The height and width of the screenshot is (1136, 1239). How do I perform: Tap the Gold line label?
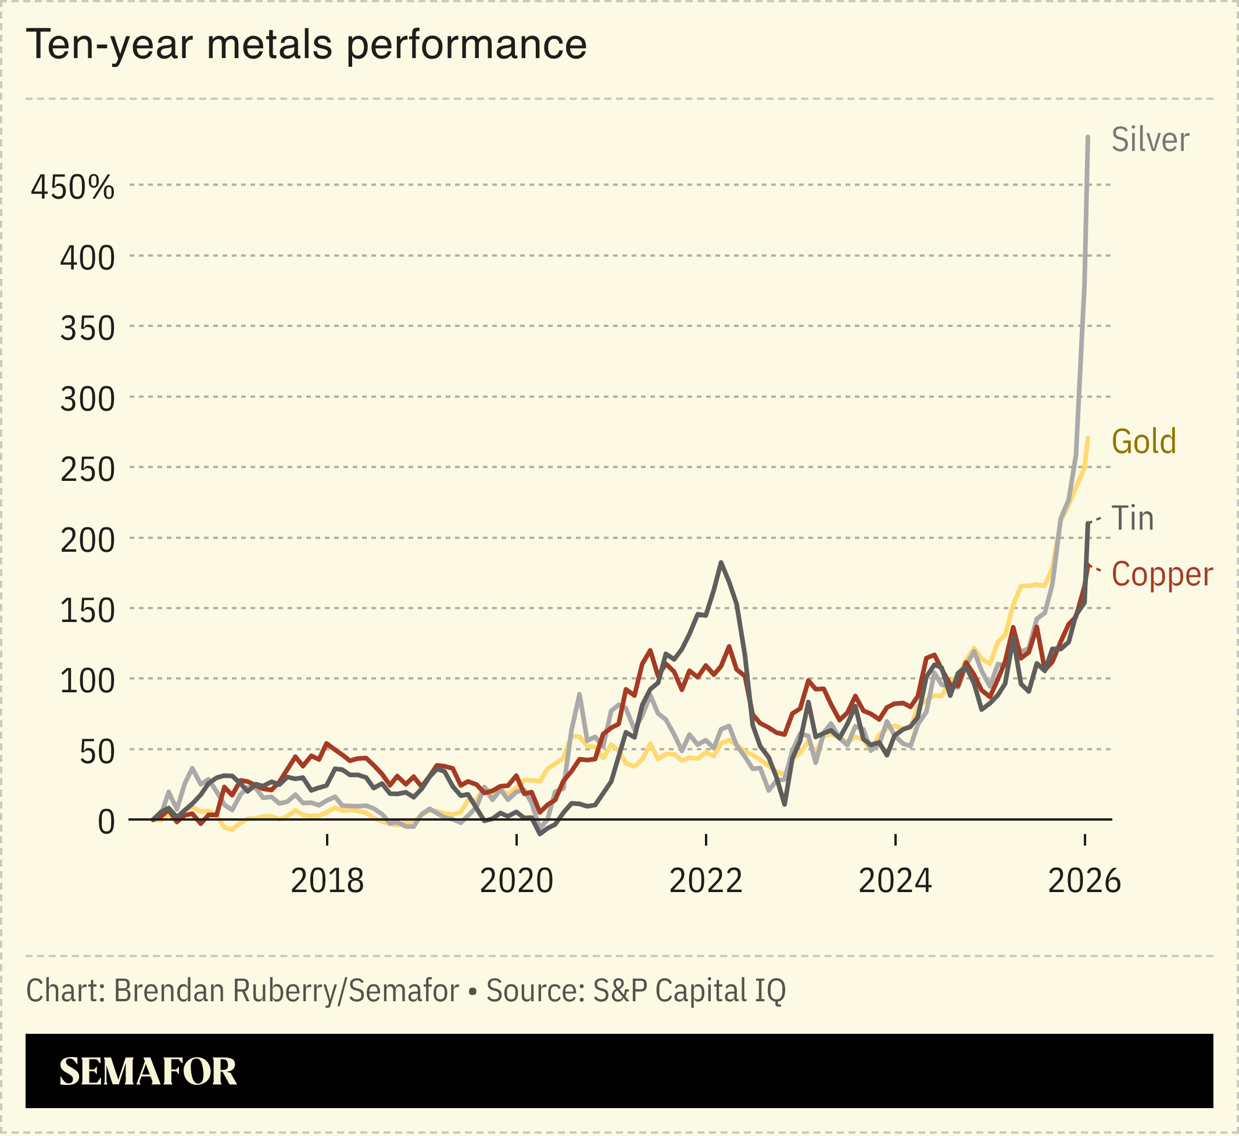1144,441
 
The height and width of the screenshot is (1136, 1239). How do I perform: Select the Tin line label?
1132,518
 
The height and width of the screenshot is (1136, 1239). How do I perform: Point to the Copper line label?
1162,574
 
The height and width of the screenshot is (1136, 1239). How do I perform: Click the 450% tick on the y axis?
73,187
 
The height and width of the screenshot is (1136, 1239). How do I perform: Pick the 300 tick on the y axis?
87,400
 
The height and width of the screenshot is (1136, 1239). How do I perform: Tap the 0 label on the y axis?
106,822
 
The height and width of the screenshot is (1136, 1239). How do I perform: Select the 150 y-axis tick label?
87,610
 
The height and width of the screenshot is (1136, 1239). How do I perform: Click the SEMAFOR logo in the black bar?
148,1072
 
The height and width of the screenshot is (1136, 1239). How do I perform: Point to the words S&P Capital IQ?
689,991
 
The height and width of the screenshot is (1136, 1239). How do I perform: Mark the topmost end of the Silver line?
1088,137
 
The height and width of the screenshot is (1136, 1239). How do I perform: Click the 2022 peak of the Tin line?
721,562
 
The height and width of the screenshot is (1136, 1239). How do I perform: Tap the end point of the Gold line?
1088,438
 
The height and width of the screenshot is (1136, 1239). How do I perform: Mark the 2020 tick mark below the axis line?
516,840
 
